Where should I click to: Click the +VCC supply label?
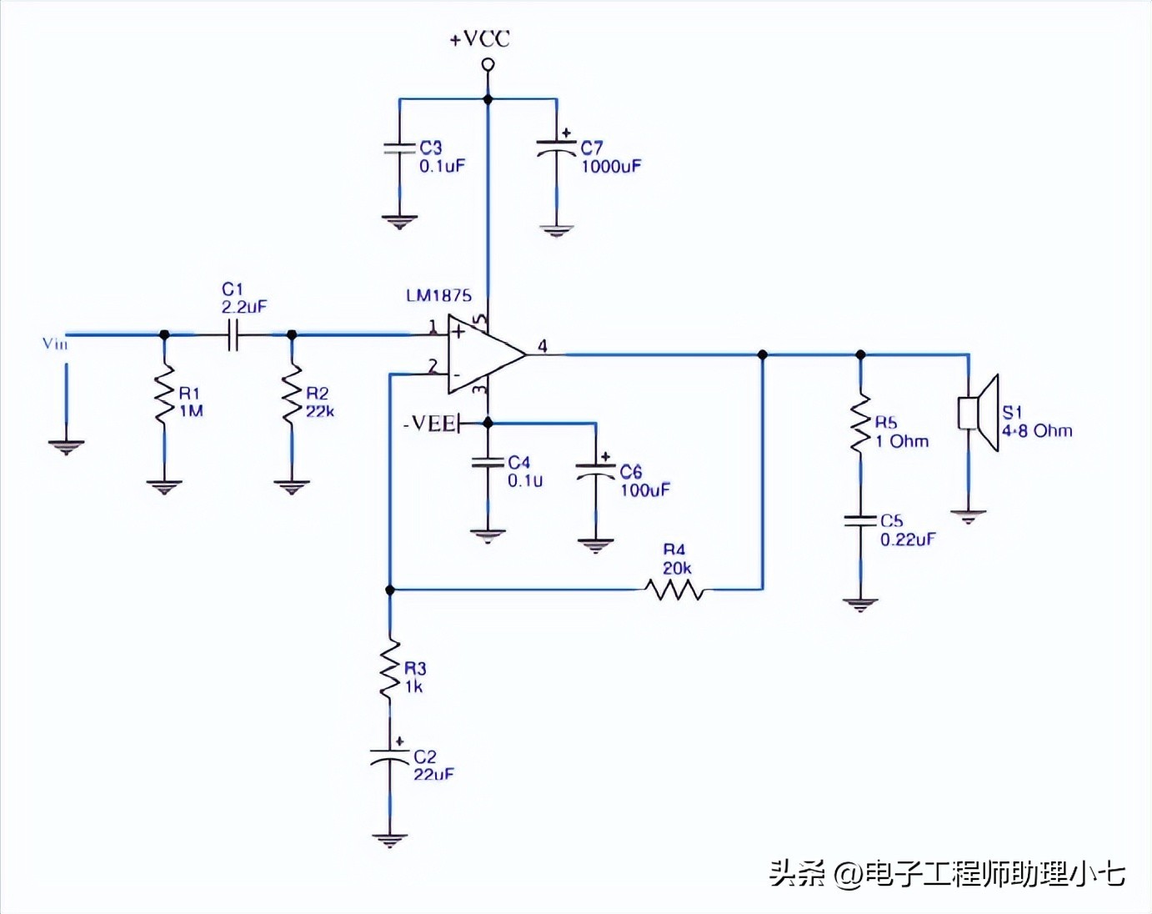[x=479, y=39]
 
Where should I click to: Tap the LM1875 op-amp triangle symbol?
[x=483, y=354]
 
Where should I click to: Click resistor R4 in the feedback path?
[x=674, y=590]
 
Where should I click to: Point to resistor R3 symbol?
[x=389, y=670]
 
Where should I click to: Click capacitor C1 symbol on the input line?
[x=233, y=335]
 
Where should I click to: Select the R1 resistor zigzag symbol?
[x=164, y=392]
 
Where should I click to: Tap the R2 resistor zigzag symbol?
[x=292, y=394]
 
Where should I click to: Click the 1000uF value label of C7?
[x=611, y=167]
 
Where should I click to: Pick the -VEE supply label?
[x=429, y=424]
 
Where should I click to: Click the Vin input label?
[x=55, y=344]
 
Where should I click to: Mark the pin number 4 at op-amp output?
[x=543, y=345]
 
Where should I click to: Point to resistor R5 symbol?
[x=860, y=424]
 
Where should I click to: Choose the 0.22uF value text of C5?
[x=908, y=540]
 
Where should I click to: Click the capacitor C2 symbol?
[x=389, y=756]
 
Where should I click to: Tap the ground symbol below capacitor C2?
[x=389, y=840]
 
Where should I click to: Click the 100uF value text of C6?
[x=644, y=490]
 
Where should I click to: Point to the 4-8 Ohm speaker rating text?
[x=1037, y=431]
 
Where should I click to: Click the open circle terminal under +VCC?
[x=488, y=64]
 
